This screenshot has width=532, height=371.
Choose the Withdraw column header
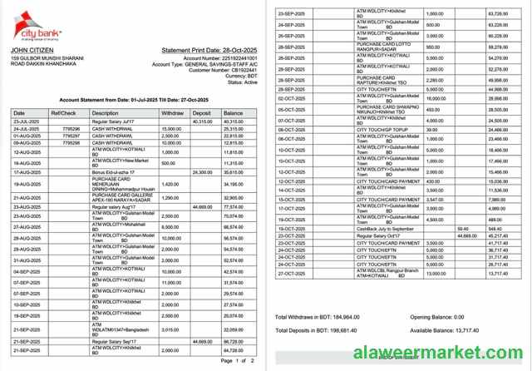173,112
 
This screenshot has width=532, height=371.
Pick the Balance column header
234,112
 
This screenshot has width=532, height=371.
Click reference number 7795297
71,136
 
